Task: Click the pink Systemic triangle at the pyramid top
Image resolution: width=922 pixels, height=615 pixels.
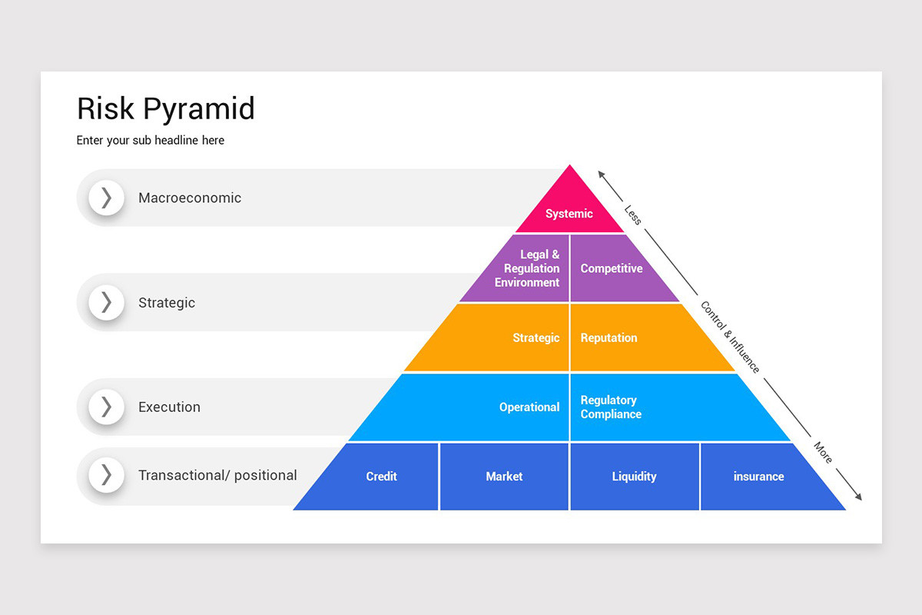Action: click(x=569, y=208)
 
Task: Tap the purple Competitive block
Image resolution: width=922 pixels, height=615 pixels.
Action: click(x=612, y=268)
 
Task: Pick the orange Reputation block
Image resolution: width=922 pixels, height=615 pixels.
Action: click(x=609, y=337)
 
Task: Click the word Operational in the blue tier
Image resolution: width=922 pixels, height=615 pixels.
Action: click(x=529, y=407)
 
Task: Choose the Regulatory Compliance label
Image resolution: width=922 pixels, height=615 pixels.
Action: click(x=611, y=407)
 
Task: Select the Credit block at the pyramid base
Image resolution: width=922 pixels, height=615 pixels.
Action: click(x=381, y=477)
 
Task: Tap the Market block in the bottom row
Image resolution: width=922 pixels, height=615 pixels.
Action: click(x=504, y=477)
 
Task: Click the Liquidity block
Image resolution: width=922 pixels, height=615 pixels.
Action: click(x=634, y=477)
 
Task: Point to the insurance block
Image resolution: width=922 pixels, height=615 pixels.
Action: click(x=758, y=477)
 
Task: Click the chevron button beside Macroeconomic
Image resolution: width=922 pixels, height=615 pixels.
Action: click(x=106, y=198)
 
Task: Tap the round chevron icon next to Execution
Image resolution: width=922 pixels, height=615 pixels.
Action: click(x=106, y=407)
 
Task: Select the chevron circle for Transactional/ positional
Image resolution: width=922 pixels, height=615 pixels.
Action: click(x=106, y=475)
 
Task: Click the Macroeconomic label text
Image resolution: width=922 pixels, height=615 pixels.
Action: click(x=190, y=198)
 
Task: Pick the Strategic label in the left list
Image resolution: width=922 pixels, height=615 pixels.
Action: click(x=167, y=303)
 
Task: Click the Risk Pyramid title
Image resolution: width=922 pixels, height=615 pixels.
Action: click(x=166, y=108)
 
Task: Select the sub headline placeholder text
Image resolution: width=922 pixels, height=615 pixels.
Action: click(x=151, y=141)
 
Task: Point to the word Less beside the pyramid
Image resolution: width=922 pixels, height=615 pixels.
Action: click(x=632, y=214)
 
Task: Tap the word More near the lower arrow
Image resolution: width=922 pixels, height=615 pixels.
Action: click(x=823, y=453)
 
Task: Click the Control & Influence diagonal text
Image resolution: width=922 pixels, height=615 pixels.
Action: click(x=729, y=337)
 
